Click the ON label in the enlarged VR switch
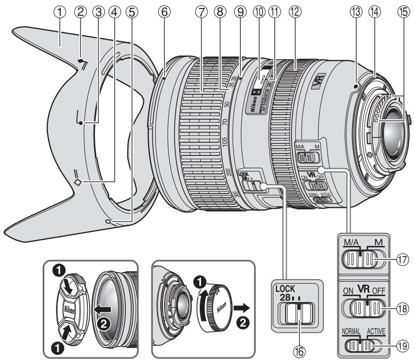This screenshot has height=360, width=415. [x=349, y=291]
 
